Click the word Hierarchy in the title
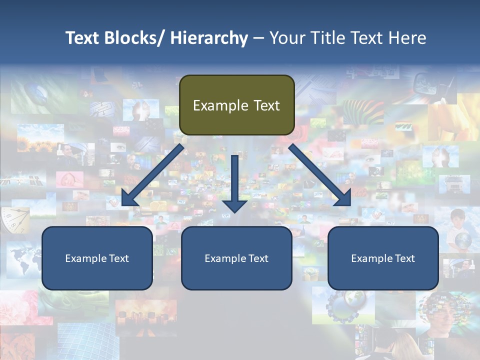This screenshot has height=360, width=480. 208,38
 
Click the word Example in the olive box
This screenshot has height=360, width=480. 220,105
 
